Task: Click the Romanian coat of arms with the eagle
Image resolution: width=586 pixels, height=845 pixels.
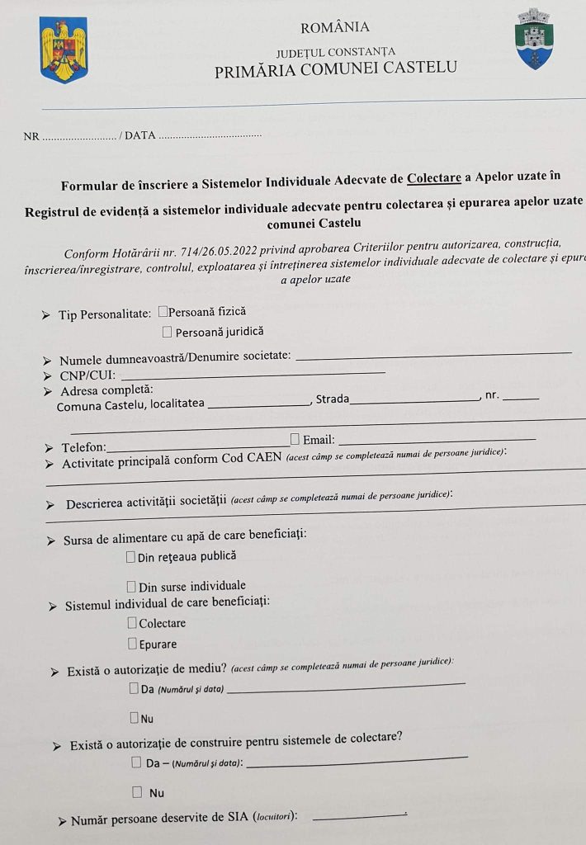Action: (64, 51)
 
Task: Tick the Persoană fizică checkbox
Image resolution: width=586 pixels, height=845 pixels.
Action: (163, 312)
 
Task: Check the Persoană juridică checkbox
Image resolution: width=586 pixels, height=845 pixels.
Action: (168, 332)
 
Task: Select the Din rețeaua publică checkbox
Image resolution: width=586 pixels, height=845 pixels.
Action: (131, 557)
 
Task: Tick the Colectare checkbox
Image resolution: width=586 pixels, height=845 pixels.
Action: (132, 623)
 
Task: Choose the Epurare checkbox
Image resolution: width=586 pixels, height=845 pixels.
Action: (132, 644)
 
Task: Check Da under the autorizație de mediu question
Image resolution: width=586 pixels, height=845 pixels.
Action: (134, 687)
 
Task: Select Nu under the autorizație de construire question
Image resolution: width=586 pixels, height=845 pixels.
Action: (137, 792)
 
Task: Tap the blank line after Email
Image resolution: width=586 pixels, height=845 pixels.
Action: (437, 439)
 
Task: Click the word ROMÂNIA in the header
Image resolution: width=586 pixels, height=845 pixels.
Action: (335, 29)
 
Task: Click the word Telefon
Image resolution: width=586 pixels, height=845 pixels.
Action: (83, 447)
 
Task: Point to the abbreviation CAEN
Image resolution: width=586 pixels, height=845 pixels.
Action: (263, 459)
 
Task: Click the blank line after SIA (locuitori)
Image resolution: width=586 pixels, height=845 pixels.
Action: (360, 817)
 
